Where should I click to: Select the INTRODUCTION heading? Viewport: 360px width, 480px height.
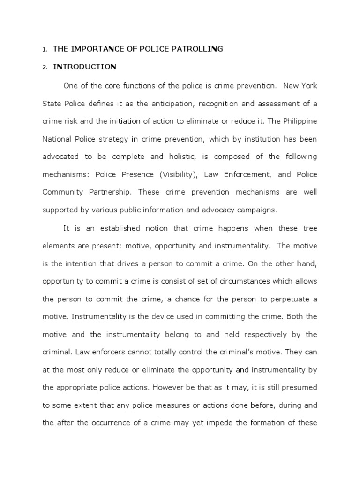click(x=84, y=67)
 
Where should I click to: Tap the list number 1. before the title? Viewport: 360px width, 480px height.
click(x=45, y=49)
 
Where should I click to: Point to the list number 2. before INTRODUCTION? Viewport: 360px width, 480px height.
click(x=45, y=67)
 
